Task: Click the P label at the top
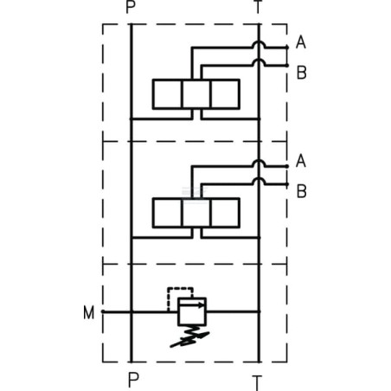pos(131,6)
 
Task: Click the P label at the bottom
pos(133,380)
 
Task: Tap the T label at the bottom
pos(257,383)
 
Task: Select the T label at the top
pos(259,6)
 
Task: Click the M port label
pos(88,312)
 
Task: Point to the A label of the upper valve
pos(301,42)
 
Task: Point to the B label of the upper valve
pos(302,73)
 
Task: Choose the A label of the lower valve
pos(301,161)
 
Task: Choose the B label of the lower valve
pos(302,191)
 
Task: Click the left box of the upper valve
pos(168,94)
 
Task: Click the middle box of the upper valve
pos(196,94)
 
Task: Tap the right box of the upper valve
pos(225,94)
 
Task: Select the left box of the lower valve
pos(168,213)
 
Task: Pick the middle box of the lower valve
pos(196,213)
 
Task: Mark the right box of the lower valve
pos(225,213)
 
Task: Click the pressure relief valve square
pos(192,311)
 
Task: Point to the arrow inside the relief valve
pos(191,304)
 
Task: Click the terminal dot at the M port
pos(102,311)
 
